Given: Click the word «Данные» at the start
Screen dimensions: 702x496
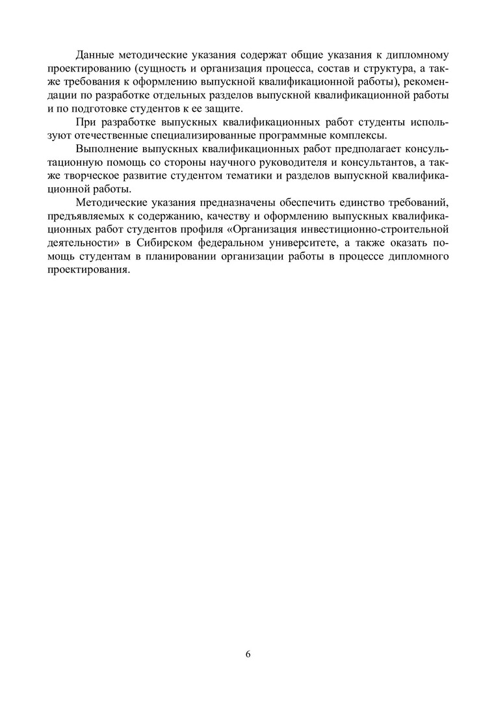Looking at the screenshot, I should pos(96,54).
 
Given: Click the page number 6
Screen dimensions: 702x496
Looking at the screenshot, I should pos(248,654).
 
